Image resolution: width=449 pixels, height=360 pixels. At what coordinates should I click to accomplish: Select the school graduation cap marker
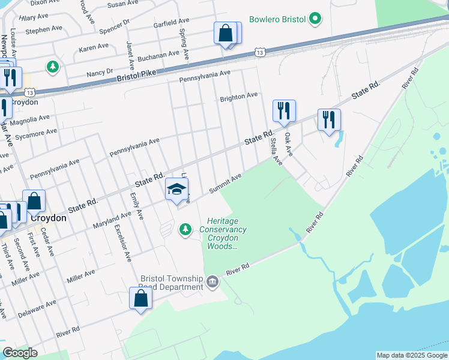coord(176,190)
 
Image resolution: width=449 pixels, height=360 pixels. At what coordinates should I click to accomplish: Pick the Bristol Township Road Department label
coord(172,283)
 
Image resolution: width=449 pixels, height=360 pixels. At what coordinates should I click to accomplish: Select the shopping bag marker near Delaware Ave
coord(140,298)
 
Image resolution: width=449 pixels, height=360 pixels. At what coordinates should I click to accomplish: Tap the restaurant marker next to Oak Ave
coord(284,111)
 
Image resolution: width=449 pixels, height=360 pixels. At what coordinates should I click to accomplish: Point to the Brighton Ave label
coord(238,95)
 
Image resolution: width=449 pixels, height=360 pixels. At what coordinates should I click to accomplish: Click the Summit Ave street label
coord(225,183)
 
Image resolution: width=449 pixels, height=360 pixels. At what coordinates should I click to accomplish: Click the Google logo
coord(20,353)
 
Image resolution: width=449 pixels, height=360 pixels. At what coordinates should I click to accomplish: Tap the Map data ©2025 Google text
coord(411,355)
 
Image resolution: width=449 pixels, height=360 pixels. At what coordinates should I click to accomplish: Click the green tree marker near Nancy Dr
coord(53,67)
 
